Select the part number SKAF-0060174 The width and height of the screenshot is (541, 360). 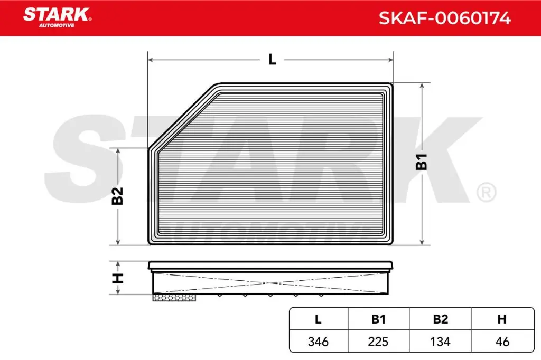click(444, 18)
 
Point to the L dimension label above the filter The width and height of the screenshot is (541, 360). click(272, 60)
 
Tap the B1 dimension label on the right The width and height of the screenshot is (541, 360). click(422, 162)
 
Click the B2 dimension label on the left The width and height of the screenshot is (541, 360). click(117, 196)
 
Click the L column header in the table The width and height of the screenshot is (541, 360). click(318, 319)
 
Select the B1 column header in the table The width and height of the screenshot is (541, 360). click(378, 319)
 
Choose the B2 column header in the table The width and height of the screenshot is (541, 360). click(440, 319)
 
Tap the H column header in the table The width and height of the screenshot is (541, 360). click(502, 319)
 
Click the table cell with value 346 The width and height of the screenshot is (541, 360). click(318, 342)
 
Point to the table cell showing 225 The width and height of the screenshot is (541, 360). click(378, 342)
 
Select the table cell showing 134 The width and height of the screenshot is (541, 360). click(440, 342)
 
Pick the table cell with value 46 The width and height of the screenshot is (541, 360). click(502, 342)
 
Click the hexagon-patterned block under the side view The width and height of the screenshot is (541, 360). click(174, 298)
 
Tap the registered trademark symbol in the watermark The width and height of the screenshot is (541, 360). click(486, 192)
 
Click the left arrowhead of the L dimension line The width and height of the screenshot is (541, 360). click(151, 60)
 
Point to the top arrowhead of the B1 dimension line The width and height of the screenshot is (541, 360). click(422, 86)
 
